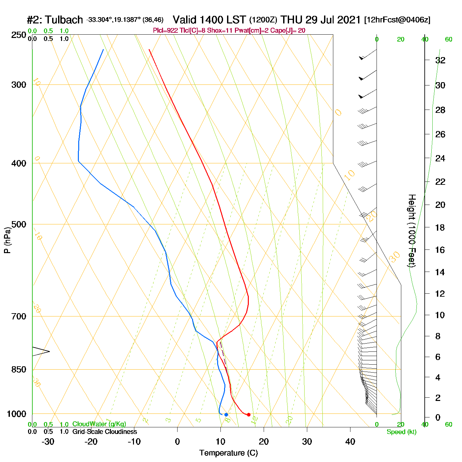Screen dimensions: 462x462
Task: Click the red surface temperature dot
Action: coord(248,414)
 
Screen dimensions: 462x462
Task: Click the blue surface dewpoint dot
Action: coord(226,414)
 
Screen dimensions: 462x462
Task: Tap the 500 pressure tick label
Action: coord(19,224)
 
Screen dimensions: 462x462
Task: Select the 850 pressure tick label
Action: coord(19,370)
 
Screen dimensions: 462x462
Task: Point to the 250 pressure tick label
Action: coord(19,35)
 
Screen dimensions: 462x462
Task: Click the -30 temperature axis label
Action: coord(48,442)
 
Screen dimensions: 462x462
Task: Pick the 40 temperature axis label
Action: coord(350,442)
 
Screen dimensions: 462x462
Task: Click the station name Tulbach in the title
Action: coord(64,20)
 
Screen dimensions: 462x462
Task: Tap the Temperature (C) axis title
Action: coord(228,453)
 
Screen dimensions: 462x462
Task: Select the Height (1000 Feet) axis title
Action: coord(412,231)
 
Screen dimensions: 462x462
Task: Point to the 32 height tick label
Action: coord(440,60)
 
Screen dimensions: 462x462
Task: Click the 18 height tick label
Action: coord(440,227)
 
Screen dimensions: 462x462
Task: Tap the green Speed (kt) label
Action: coord(402,432)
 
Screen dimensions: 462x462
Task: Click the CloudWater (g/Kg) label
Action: coord(99,424)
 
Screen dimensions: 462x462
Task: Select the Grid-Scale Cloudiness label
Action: coord(105,432)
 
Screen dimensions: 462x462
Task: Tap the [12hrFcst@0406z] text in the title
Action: coord(397,20)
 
